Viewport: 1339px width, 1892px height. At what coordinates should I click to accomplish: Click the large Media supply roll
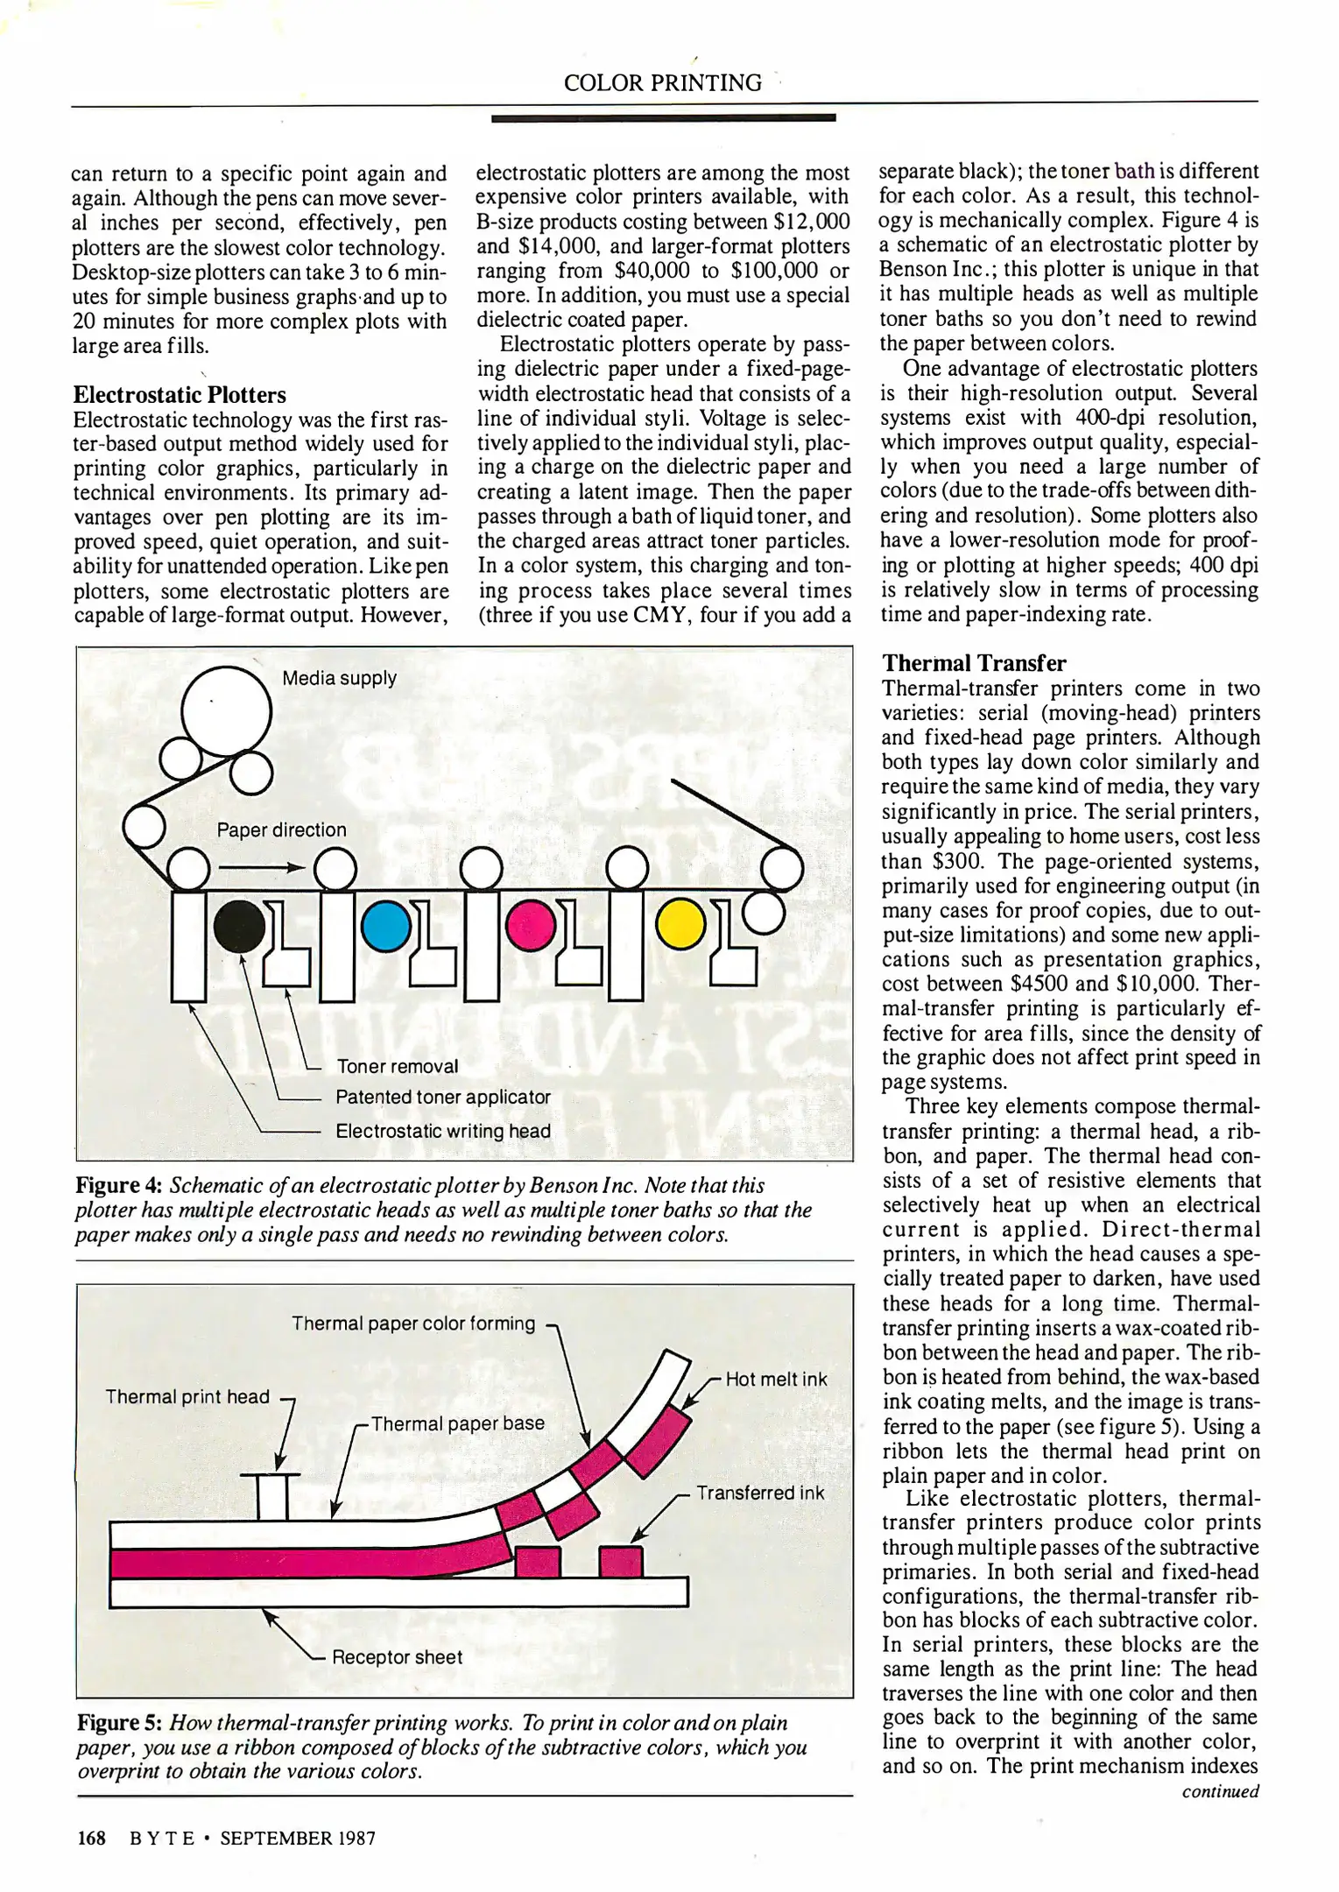226,712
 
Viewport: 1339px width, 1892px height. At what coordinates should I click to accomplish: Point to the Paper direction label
281,830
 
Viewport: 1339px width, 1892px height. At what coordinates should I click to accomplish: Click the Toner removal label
397,1066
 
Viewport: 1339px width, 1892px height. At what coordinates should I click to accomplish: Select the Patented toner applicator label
442,1097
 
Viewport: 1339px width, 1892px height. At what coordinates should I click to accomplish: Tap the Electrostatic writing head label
442,1131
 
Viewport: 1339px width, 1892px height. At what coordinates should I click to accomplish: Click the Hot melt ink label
776,1379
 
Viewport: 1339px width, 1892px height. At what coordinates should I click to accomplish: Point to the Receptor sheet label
397,1656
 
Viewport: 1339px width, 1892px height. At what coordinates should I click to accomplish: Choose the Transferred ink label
760,1493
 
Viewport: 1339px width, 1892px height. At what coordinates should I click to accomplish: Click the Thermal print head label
187,1396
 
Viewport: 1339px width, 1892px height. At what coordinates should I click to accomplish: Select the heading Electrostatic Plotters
180,394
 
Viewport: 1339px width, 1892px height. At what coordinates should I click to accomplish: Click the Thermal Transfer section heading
974,662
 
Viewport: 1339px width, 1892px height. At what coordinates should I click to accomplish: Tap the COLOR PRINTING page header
662,82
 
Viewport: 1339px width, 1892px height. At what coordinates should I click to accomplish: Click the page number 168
92,1837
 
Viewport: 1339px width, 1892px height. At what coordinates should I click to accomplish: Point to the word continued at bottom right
1219,1790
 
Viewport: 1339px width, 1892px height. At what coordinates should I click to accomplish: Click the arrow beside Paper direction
261,868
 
